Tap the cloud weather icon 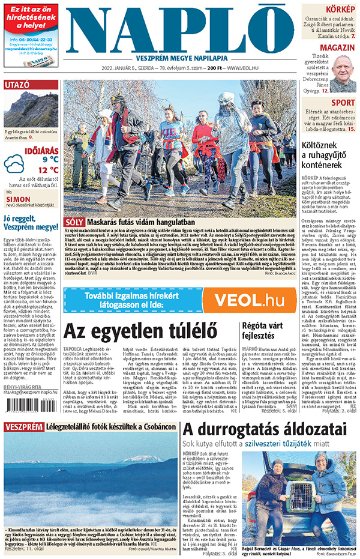coord(13,163)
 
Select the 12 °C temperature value coord(48,170)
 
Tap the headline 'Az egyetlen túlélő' coord(139,331)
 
